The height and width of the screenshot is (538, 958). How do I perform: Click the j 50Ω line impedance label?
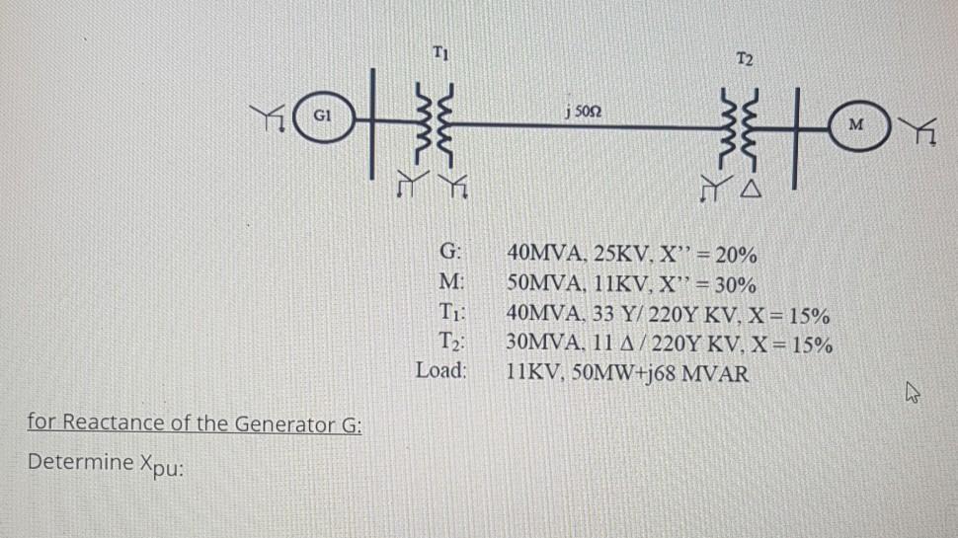[583, 110]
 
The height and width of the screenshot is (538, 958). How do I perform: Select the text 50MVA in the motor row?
[539, 285]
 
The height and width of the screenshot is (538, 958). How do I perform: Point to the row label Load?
[441, 374]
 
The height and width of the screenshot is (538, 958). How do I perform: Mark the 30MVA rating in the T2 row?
[539, 346]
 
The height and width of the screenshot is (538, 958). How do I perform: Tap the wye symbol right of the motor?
[919, 129]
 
